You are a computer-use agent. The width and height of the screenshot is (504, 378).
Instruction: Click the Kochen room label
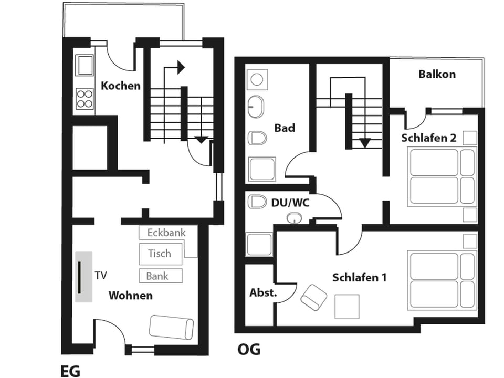tap(121, 86)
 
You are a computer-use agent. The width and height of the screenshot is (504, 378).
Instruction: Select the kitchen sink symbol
tap(85, 66)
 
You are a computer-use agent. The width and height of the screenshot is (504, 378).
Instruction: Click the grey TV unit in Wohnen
tap(84, 276)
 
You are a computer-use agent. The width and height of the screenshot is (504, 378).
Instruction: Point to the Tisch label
tap(159, 254)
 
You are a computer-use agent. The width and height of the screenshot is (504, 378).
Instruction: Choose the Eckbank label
tap(165, 232)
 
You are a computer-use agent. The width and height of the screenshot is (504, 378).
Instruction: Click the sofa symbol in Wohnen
tap(172, 327)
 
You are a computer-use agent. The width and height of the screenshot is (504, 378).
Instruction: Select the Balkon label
tap(437, 74)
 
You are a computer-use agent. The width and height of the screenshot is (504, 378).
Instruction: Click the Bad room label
tap(285, 128)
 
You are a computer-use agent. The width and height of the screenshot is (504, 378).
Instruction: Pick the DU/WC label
tap(290, 202)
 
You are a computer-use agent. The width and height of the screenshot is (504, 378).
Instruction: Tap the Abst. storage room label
tap(262, 292)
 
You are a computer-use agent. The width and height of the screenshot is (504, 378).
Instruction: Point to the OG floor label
tap(249, 350)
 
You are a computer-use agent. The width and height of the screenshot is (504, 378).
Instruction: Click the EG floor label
tap(70, 372)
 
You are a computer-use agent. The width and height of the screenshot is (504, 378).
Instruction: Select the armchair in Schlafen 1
tap(314, 297)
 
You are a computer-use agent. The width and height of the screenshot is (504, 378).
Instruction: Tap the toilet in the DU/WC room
tap(258, 201)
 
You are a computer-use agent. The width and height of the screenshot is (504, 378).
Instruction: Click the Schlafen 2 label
tap(428, 138)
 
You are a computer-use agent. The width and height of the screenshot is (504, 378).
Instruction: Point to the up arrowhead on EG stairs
tap(181, 67)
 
